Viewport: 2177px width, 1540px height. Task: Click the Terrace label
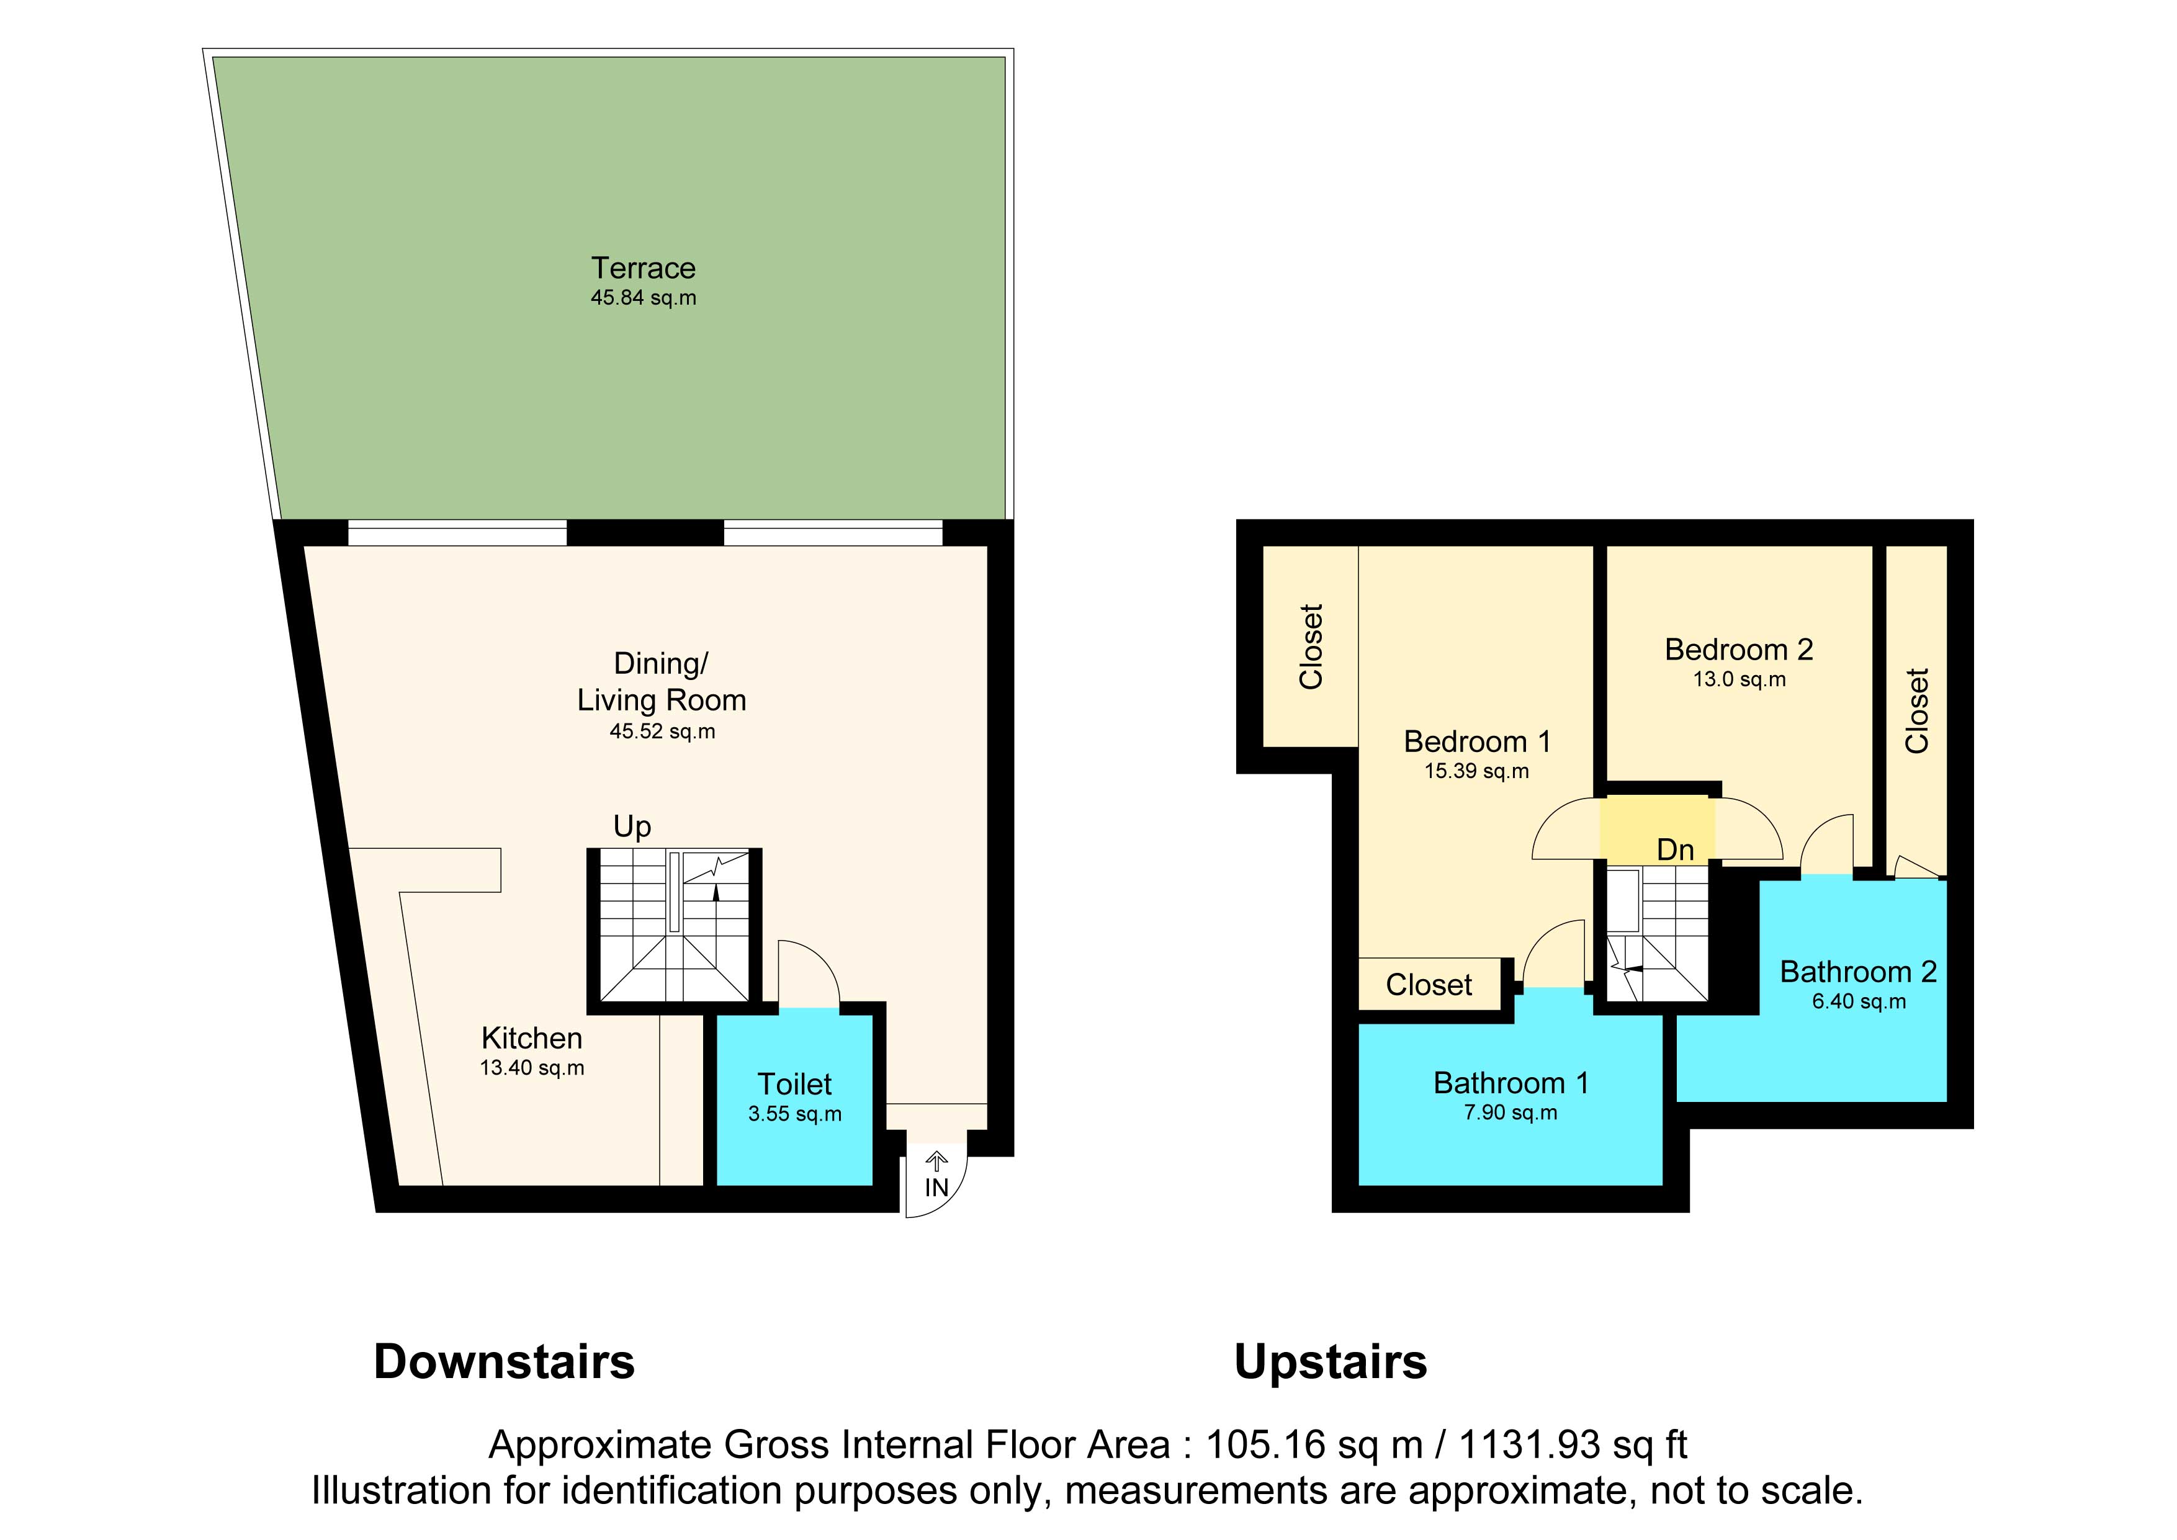point(643,269)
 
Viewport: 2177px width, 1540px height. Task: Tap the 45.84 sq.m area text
point(643,298)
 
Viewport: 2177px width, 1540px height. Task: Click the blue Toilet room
point(794,1100)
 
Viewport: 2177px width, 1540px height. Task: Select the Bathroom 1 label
point(1510,1083)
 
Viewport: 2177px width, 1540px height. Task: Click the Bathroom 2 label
point(1859,972)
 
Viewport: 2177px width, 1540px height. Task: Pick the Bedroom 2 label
point(1739,650)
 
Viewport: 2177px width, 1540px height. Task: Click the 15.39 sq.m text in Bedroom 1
point(1476,771)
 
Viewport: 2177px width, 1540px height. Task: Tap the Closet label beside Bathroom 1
point(1429,985)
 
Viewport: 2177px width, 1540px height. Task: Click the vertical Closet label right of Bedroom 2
point(1917,711)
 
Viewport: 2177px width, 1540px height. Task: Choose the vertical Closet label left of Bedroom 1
point(1311,647)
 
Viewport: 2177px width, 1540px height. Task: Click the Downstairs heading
point(505,1362)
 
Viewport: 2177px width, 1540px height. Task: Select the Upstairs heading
point(1331,1363)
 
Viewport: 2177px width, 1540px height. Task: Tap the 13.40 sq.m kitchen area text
point(532,1068)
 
